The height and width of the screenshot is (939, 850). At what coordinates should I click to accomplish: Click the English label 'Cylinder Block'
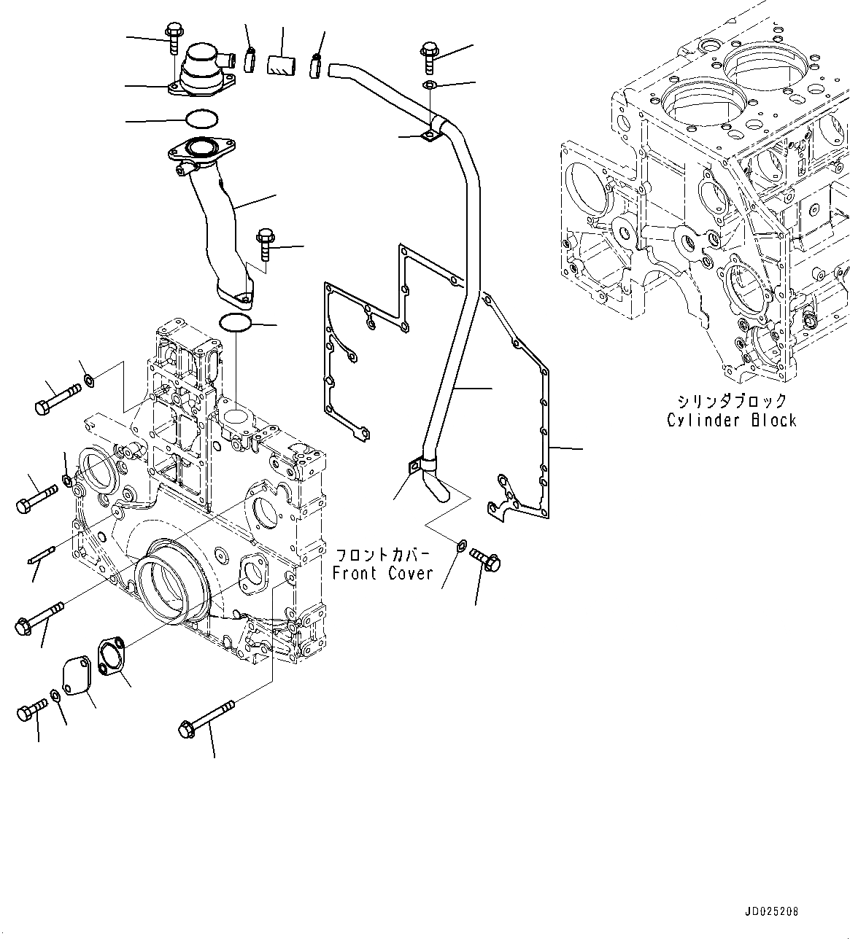pos(731,421)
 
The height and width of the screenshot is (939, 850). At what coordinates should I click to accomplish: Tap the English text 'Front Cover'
pos(382,573)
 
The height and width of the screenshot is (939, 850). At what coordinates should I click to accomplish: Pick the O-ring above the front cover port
pos(236,323)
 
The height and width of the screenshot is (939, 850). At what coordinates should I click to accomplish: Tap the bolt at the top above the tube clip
pos(428,58)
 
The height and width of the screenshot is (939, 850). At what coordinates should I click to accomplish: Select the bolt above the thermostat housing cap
pos(174,38)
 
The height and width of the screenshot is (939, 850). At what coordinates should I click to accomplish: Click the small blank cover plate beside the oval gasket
pos(77,676)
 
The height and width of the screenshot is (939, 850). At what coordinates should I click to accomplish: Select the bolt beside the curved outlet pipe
pos(264,244)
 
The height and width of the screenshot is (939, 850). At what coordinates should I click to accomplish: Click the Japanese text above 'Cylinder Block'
pos(731,401)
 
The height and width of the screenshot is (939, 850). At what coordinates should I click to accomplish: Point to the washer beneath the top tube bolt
pos(430,87)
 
